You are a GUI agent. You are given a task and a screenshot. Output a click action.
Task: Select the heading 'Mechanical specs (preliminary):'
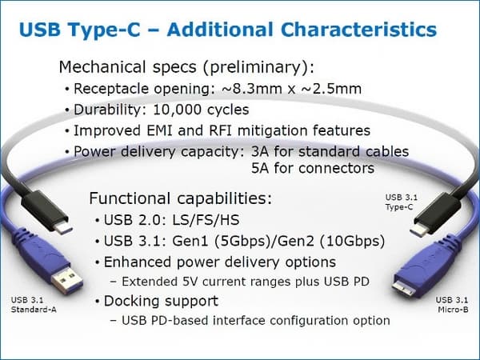185,66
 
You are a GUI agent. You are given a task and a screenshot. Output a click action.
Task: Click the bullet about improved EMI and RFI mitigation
221,130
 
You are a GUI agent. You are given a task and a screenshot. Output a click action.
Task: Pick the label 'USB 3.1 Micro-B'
450,305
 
